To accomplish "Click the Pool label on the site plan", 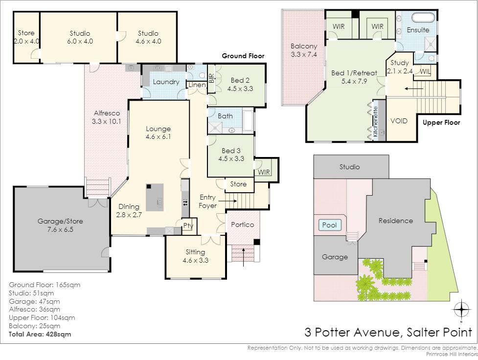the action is tap(330, 225).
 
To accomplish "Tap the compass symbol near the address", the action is tap(461, 310).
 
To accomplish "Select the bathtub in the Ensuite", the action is tap(423, 18).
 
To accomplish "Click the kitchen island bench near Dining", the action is tap(155, 197).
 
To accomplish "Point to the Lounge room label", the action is tap(158, 129).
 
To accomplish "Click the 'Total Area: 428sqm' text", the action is tap(40, 334).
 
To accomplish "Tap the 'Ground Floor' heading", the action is tap(243, 56).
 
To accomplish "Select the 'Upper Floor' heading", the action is tap(441, 123).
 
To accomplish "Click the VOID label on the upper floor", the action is tap(399, 121).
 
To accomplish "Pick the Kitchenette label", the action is tap(375, 121).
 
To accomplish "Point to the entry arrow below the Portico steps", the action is tap(243, 258).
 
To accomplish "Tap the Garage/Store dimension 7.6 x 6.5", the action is tap(60, 229).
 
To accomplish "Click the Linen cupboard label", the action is tap(197, 85).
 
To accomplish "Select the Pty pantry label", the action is tap(188, 225).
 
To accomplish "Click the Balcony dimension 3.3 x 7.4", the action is tap(304, 55).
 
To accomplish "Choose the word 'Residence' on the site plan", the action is tap(396, 221).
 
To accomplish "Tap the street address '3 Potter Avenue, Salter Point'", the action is tap(388, 332).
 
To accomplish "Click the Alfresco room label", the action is tap(107, 113).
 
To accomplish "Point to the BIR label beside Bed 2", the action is tap(211, 78).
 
